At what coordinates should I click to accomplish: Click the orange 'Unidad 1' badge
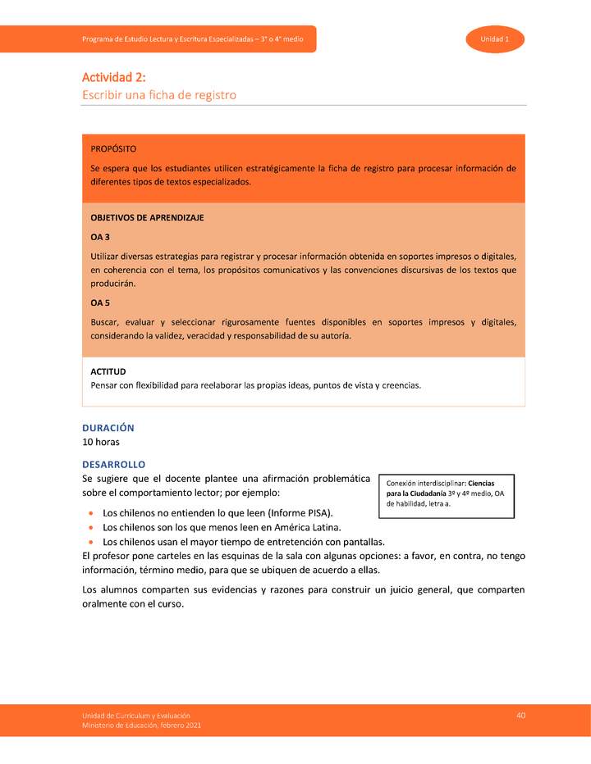[495, 39]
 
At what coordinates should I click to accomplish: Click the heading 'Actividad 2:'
[113, 78]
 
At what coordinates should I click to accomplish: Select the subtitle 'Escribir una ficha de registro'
[159, 95]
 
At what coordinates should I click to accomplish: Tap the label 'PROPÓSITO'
[113, 149]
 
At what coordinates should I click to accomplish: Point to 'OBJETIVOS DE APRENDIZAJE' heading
[147, 218]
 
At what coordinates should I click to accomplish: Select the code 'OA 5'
[100, 303]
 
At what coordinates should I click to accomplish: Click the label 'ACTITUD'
[108, 371]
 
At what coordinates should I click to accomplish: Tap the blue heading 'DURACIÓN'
[108, 428]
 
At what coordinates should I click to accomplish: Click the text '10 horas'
[101, 442]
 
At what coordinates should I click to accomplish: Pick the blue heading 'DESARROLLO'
[114, 464]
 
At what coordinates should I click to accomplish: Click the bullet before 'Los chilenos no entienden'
[89, 513]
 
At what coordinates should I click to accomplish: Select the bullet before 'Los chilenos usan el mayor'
[89, 543]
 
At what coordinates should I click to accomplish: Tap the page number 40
[520, 716]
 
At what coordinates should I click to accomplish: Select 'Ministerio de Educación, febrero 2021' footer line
[140, 725]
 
